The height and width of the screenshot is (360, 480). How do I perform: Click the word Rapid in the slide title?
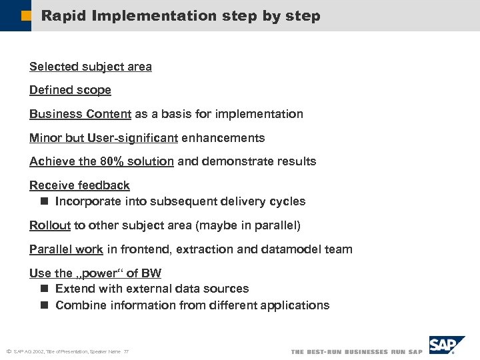[64, 15]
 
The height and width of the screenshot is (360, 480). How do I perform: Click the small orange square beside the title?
[25, 15]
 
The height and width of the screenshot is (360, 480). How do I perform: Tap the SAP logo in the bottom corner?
[446, 345]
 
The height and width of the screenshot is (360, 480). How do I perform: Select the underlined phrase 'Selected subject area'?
[90, 67]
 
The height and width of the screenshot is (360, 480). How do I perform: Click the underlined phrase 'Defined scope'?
[70, 90]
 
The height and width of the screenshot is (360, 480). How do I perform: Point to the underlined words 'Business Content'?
[80, 114]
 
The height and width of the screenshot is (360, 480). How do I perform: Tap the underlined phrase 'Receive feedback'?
[79, 185]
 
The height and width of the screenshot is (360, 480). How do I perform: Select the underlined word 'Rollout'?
[50, 225]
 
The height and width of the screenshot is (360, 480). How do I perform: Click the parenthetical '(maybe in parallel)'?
[247, 225]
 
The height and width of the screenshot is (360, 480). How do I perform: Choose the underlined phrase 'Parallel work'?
[66, 249]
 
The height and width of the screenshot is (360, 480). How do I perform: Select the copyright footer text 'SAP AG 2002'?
[29, 351]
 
